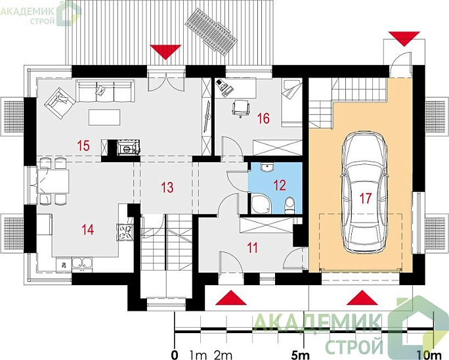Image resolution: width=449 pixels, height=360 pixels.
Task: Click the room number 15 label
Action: tap(83, 146)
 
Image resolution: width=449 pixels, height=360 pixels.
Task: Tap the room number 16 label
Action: tap(263, 118)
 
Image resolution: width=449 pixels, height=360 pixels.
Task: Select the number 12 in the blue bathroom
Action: tap(280, 185)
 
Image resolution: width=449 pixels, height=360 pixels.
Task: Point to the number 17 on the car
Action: tap(366, 198)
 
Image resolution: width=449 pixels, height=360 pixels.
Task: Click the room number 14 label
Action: tap(87, 229)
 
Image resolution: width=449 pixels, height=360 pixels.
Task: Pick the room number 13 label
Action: tap(167, 187)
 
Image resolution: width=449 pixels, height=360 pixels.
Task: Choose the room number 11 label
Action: tap(252, 248)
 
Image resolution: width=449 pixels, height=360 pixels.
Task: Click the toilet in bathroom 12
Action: tap(289, 205)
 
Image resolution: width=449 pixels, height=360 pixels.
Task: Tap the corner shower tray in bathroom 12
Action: tap(261, 204)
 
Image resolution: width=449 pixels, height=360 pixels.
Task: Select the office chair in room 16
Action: tap(240, 108)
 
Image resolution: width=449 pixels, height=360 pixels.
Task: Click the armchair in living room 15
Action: tap(60, 102)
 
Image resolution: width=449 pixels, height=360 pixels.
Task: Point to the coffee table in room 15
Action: tap(104, 117)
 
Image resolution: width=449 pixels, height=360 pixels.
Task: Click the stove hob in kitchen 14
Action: tap(125, 232)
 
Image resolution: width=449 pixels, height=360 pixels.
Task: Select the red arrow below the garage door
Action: tap(362, 298)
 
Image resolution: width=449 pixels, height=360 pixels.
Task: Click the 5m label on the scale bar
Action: tap(300, 355)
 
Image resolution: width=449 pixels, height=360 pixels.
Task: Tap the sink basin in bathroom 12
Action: tap(267, 167)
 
